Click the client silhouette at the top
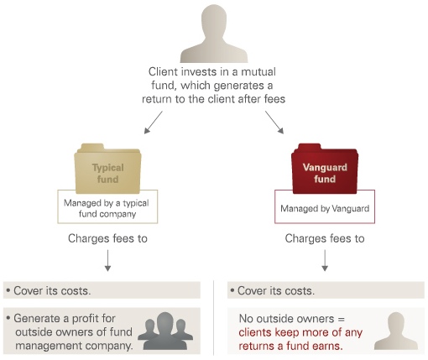pyautogui.click(x=214, y=34)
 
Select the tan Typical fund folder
pyautogui.click(x=107, y=169)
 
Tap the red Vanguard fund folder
pyautogui.click(x=325, y=169)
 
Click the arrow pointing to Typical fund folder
pyautogui.click(x=154, y=123)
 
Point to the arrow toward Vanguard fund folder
pyautogui.click(x=274, y=123)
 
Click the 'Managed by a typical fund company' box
pyautogui.click(x=107, y=206)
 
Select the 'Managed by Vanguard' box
pyautogui.click(x=325, y=206)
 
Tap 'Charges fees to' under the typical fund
pyautogui.click(x=107, y=238)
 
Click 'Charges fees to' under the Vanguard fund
pyautogui.click(x=325, y=238)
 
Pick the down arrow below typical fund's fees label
pyautogui.click(x=107, y=261)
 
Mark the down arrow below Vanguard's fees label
pyautogui.click(x=325, y=261)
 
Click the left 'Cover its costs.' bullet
pyautogui.click(x=49, y=291)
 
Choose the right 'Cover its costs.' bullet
pyautogui.click(x=273, y=291)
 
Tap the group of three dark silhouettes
pyautogui.click(x=165, y=331)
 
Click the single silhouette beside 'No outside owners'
pyautogui.click(x=396, y=331)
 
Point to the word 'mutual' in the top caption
pyautogui.click(x=258, y=72)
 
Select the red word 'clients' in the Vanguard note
pyautogui.click(x=255, y=332)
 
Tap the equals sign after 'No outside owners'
pyautogui.click(x=342, y=319)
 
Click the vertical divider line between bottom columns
pyautogui.click(x=214, y=318)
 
